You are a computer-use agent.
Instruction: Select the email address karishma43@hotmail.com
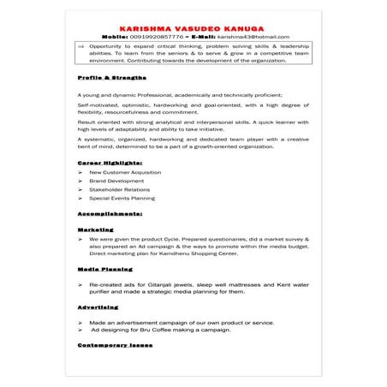(253, 37)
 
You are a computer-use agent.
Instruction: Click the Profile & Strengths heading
(106, 78)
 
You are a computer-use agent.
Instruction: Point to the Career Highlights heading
(110, 161)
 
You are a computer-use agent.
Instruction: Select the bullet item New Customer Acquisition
(125, 172)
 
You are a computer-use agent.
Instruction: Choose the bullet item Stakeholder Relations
(119, 189)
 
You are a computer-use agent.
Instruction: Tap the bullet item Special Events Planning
(122, 198)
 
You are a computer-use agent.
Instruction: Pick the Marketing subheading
(95, 229)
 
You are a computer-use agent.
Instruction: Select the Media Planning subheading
(104, 269)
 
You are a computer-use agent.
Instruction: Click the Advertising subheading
(98, 306)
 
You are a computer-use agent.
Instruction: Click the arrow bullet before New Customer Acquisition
(80, 172)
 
